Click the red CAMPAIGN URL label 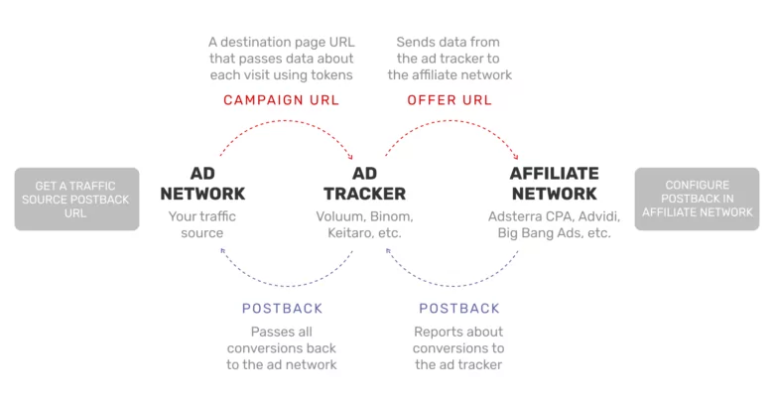tap(281, 100)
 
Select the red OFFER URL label tap(450, 100)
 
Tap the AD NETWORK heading tap(202, 184)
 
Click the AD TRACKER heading tap(364, 184)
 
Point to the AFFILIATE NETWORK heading tap(554, 184)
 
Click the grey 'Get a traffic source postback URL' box tap(76, 199)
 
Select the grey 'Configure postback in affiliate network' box tap(697, 199)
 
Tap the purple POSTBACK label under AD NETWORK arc tap(282, 309)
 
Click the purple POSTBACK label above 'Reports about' tap(458, 309)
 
